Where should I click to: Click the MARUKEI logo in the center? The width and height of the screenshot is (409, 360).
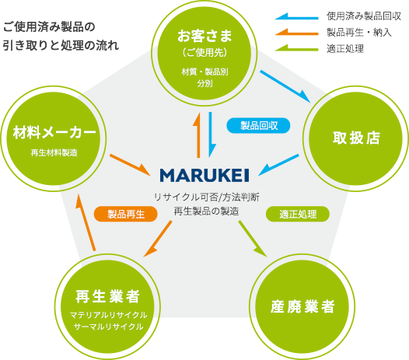tap(204, 175)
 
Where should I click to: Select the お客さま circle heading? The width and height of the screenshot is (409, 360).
tap(204, 36)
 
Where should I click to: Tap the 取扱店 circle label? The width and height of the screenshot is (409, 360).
tap(356, 138)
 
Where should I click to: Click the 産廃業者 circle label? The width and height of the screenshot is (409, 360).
tap(302, 306)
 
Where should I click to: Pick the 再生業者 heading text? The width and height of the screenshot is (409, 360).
tap(107, 296)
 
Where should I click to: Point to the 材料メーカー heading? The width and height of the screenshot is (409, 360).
tap(54, 132)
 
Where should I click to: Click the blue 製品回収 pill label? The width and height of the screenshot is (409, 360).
tap(258, 125)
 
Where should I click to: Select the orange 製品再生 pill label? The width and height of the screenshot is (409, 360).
tap(126, 214)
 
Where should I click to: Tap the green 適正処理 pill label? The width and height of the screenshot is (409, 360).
tap(298, 214)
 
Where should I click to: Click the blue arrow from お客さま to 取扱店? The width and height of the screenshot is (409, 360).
tap(285, 86)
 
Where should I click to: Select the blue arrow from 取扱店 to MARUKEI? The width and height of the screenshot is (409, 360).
tap(278, 165)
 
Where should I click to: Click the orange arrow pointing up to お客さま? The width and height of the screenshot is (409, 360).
tap(198, 135)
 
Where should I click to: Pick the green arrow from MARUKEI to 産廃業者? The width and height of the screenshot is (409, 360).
tap(253, 239)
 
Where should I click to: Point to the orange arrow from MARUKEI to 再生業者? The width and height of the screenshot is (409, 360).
tap(158, 239)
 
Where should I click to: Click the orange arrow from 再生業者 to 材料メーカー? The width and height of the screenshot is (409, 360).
tap(86, 223)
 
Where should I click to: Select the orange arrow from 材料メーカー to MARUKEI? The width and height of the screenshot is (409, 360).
tap(131, 165)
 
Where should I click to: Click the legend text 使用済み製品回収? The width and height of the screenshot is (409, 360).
tap(364, 16)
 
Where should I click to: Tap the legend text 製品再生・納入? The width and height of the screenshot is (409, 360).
tap(359, 33)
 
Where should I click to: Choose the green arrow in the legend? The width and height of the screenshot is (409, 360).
tap(296, 48)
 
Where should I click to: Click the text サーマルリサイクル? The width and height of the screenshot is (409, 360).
tap(109, 327)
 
